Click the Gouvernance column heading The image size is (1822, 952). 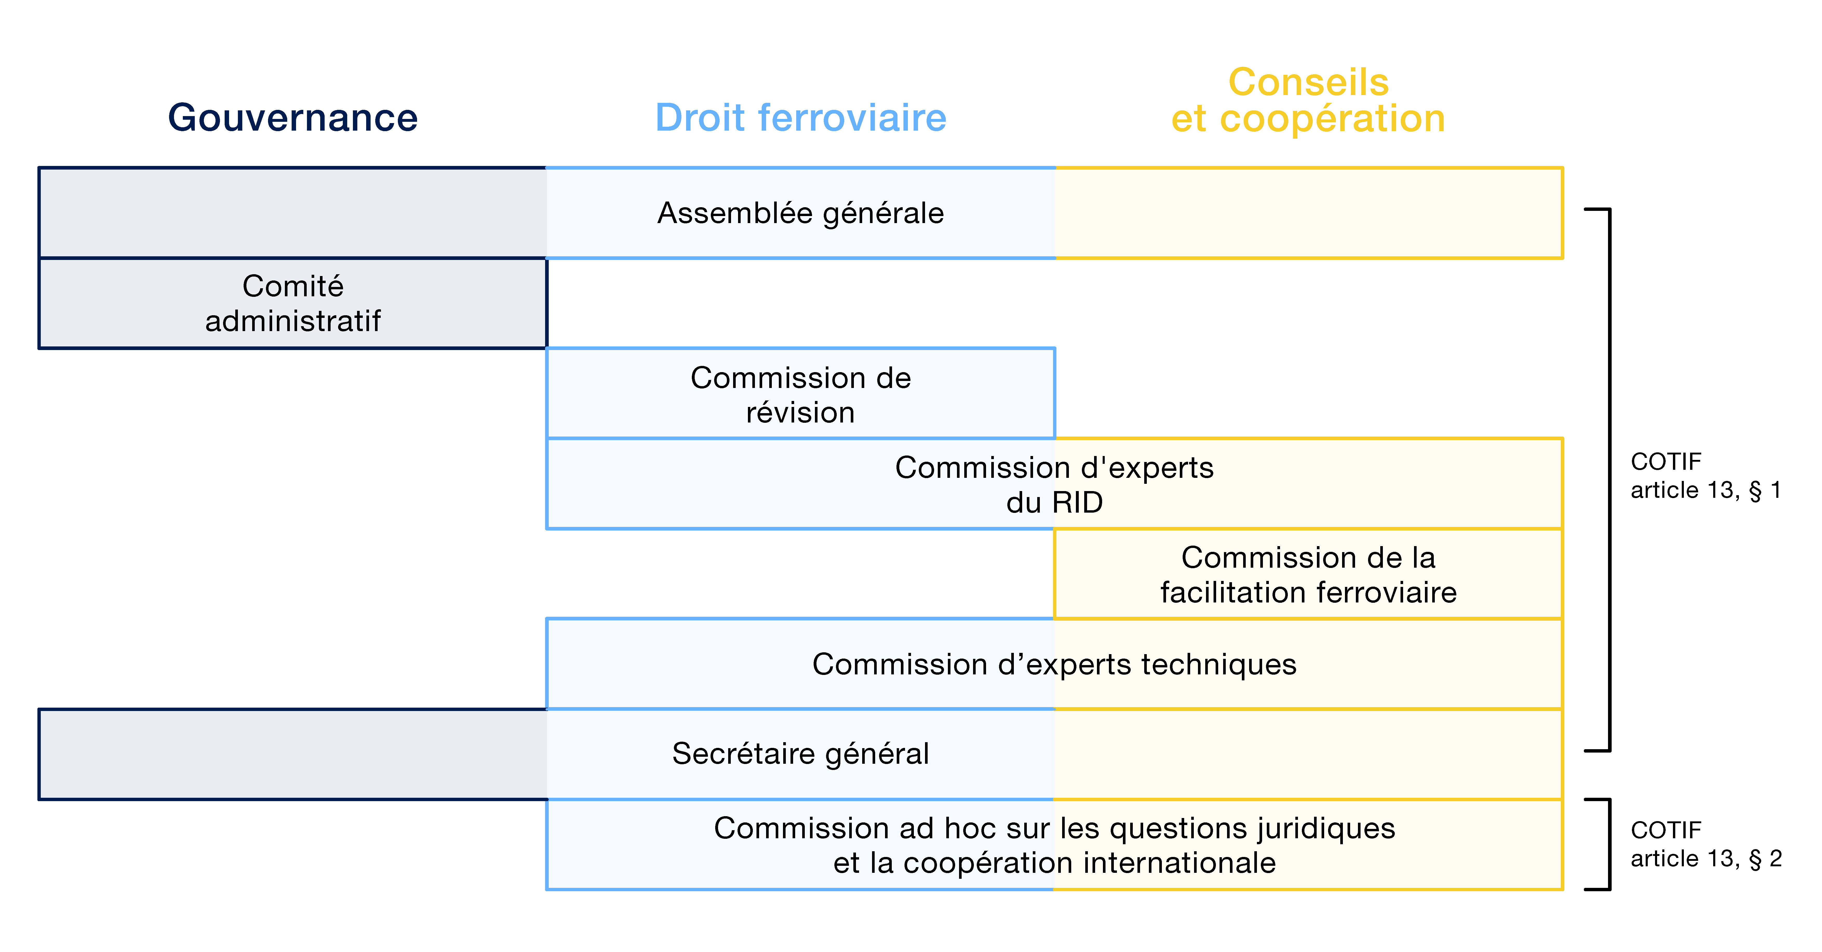point(293,117)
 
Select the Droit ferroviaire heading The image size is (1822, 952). point(801,117)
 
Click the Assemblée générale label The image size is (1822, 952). point(801,213)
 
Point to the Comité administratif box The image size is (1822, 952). point(293,303)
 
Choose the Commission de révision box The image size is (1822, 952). point(801,393)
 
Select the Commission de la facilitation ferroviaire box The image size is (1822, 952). point(1309,574)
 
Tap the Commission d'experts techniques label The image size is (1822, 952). point(1055,664)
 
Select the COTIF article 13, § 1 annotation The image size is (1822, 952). point(1706,475)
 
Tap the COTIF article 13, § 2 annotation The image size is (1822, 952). point(1706,844)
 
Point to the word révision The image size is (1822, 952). point(801,412)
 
